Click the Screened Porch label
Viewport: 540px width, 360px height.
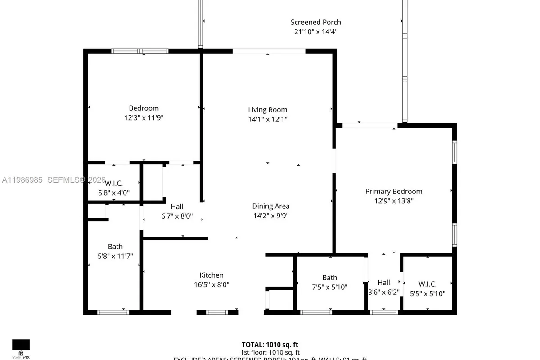pyautogui.click(x=315, y=22)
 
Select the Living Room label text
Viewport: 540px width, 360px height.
pyautogui.click(x=267, y=110)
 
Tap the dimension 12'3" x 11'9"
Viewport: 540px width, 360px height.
pyautogui.click(x=144, y=117)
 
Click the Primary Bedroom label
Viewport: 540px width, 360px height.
pyautogui.click(x=393, y=191)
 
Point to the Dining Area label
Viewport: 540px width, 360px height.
pyautogui.click(x=270, y=206)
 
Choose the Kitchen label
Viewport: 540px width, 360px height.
pyautogui.click(x=211, y=275)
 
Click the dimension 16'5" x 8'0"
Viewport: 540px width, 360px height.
pyautogui.click(x=211, y=284)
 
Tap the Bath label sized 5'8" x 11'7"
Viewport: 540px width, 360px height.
pyautogui.click(x=115, y=247)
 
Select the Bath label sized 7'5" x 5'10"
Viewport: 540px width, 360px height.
pyautogui.click(x=329, y=278)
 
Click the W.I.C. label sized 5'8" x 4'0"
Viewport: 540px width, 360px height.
pyautogui.click(x=113, y=184)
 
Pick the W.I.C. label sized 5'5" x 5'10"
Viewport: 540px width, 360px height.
pyautogui.click(x=427, y=284)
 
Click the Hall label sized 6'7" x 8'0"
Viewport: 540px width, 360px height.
pyautogui.click(x=177, y=207)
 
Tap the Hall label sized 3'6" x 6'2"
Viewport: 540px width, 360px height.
pyautogui.click(x=384, y=283)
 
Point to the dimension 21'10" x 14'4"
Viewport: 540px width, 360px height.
pyautogui.click(x=315, y=31)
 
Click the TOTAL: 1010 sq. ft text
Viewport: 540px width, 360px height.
pyautogui.click(x=270, y=345)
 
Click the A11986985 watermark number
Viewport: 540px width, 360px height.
pyautogui.click(x=22, y=180)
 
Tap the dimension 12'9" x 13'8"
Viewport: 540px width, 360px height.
pyautogui.click(x=393, y=201)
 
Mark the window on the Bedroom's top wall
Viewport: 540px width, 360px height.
pyautogui.click(x=140, y=51)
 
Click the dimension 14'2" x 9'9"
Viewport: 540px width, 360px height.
pyautogui.click(x=270, y=216)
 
